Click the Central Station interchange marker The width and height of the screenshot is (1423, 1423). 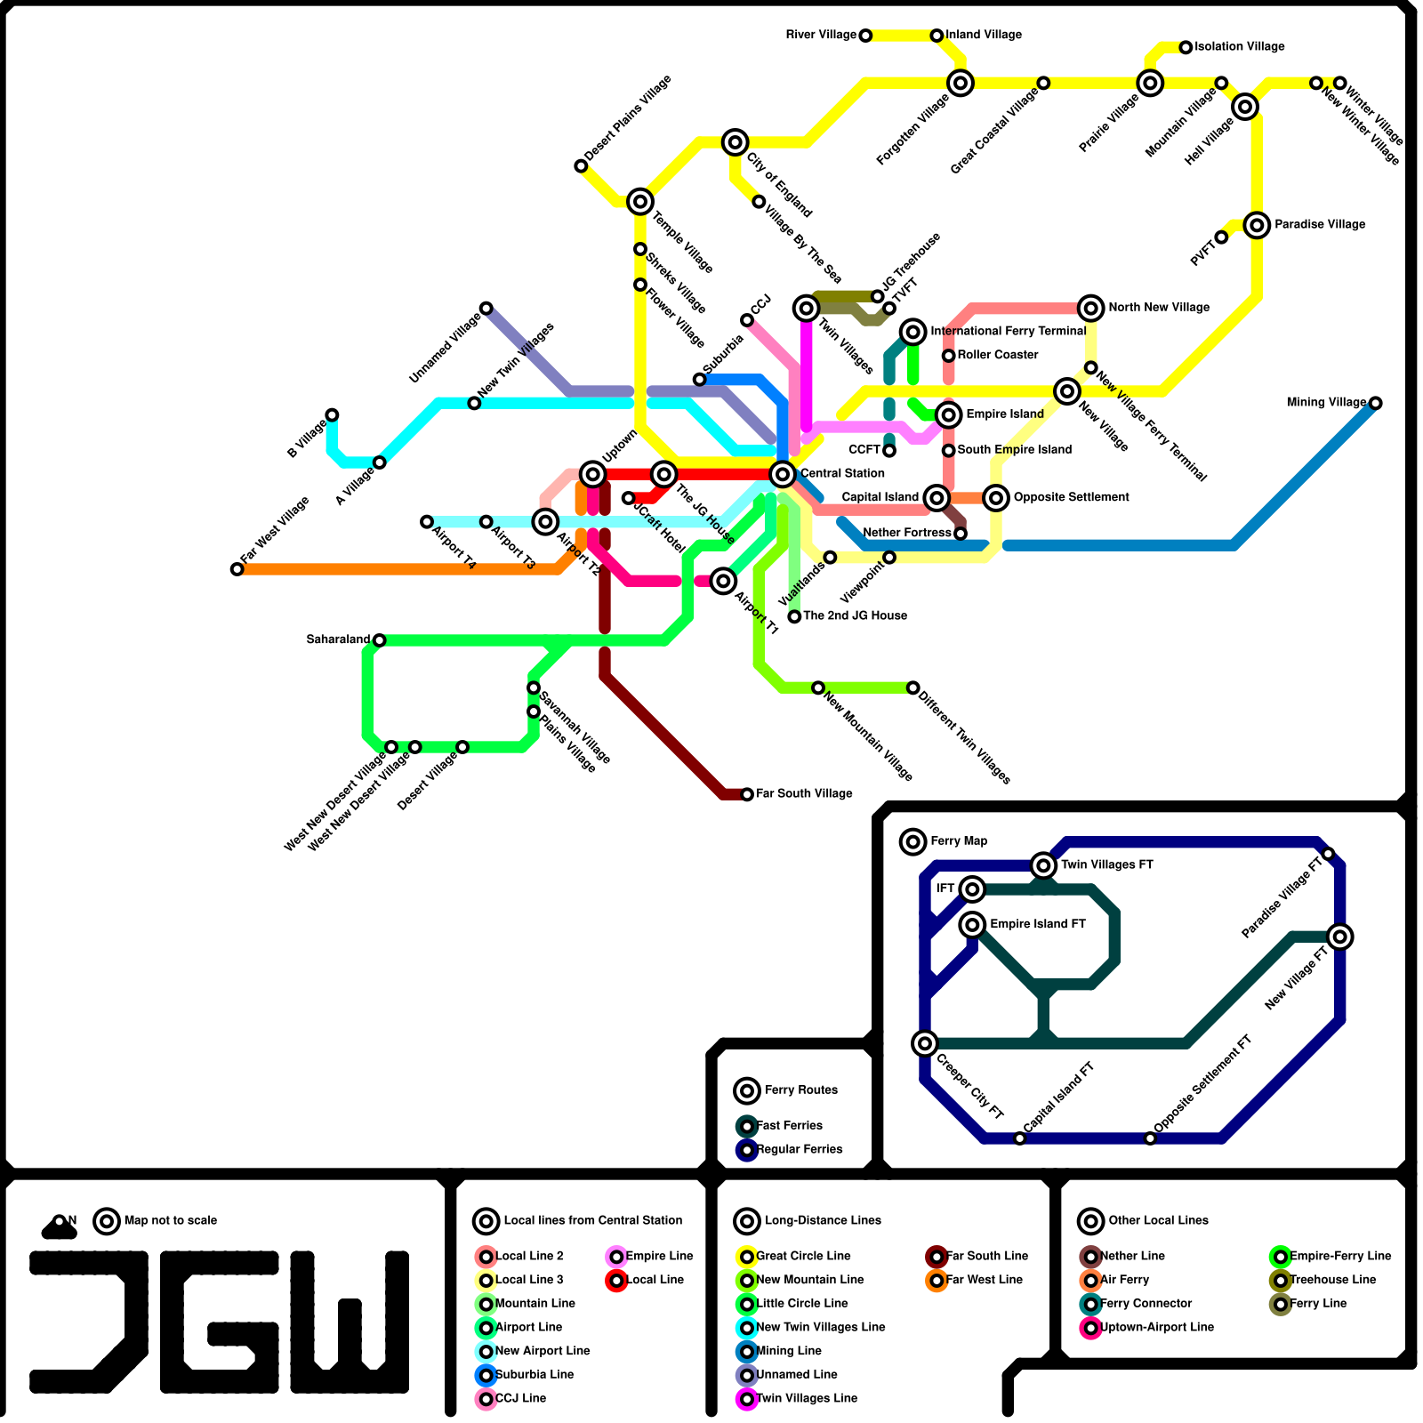[x=783, y=474]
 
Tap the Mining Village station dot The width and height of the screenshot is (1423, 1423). [x=1376, y=403]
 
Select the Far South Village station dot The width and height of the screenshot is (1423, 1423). [x=747, y=794]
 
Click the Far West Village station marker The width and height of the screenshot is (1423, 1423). [x=237, y=569]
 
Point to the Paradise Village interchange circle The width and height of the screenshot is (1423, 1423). [x=1257, y=225]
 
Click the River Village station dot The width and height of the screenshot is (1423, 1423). [x=865, y=36]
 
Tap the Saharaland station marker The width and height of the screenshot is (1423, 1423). [x=379, y=640]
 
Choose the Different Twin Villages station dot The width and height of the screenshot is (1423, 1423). [x=912, y=687]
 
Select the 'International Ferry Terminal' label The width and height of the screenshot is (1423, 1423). [x=1008, y=331]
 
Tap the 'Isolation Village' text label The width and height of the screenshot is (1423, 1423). [x=1239, y=46]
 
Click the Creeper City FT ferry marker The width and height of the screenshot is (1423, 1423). [x=925, y=1043]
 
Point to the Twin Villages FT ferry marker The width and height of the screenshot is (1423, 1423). [x=1043, y=864]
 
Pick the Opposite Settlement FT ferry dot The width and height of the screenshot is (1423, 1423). [x=1150, y=1138]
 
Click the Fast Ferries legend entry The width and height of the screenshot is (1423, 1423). [x=789, y=1126]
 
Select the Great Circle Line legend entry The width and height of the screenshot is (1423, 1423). [x=803, y=1256]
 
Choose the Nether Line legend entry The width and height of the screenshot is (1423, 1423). [x=1132, y=1256]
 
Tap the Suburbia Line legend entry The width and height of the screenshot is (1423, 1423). [x=534, y=1374]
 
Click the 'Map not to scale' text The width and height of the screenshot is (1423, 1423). [x=171, y=1220]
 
